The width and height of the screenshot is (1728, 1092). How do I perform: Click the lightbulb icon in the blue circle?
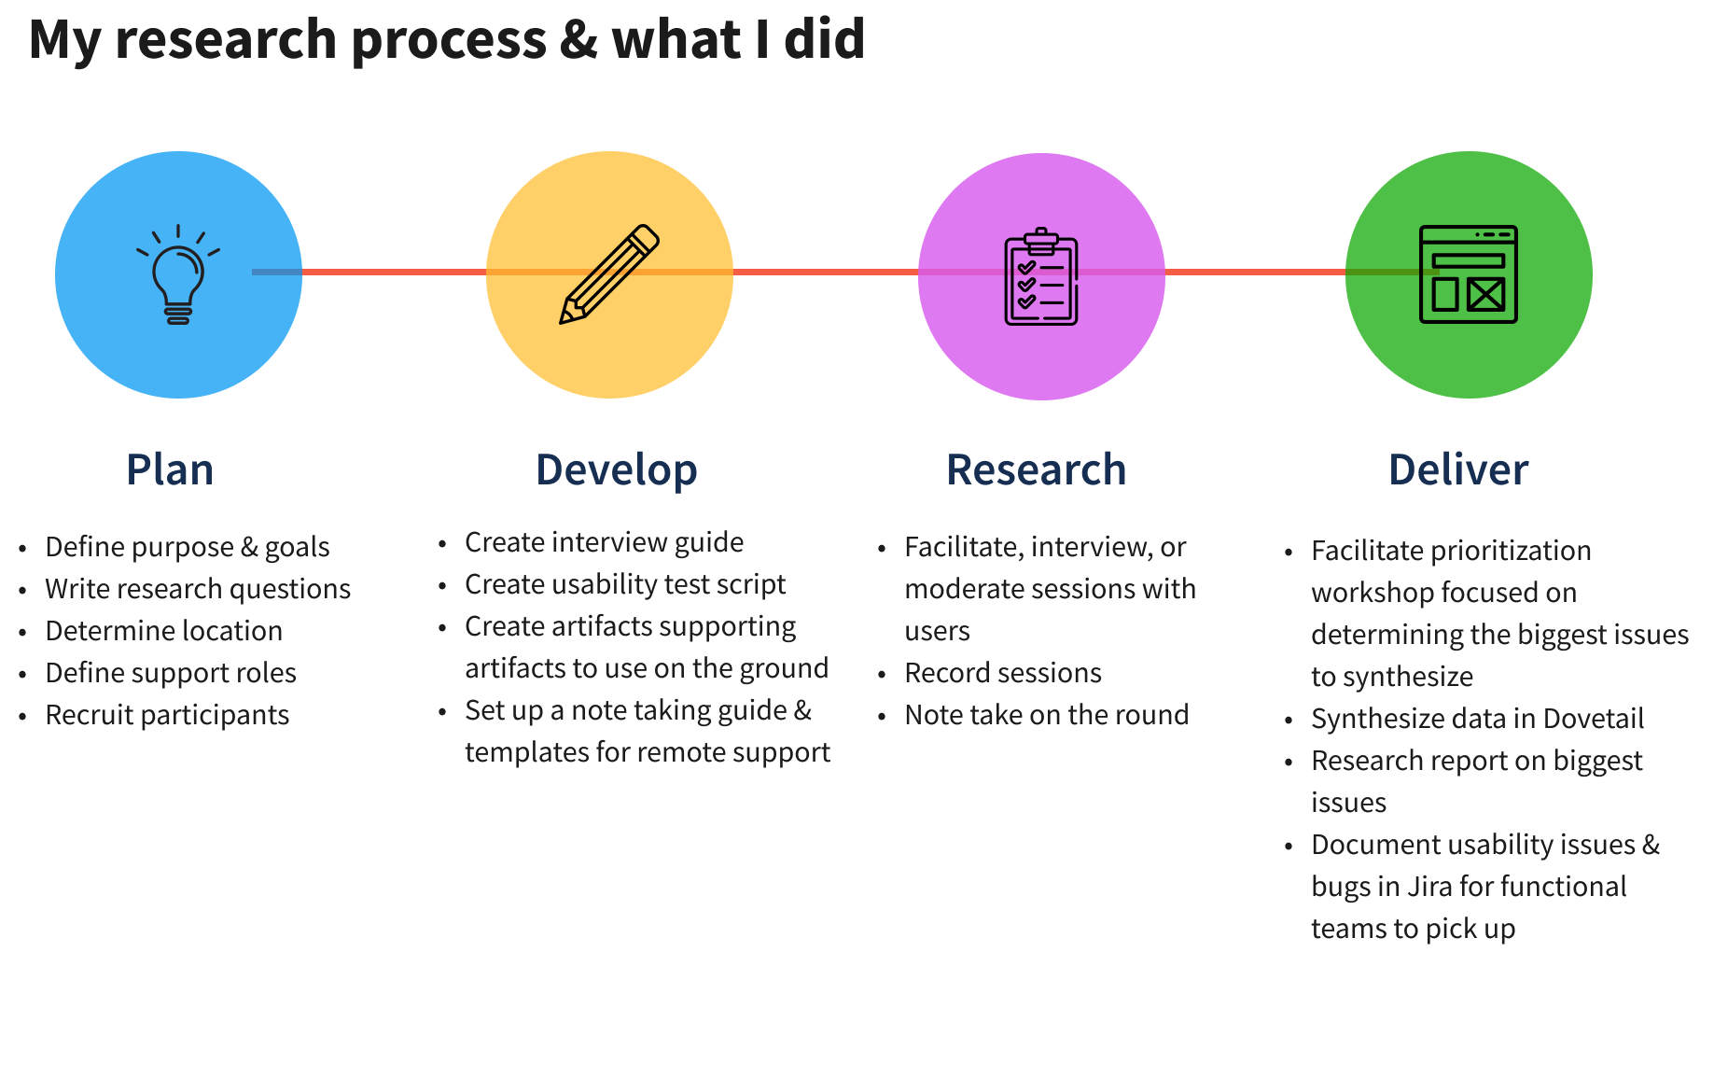coord(178,274)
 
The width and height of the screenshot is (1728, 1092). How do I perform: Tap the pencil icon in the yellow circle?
coord(609,274)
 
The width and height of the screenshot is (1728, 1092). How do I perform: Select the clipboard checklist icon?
coord(1041,276)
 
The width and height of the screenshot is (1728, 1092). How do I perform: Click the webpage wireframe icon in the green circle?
coord(1469,274)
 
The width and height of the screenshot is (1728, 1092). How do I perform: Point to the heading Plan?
coord(170,469)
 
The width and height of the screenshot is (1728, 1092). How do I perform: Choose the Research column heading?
coord(1037,469)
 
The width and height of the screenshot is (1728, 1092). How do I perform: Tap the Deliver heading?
coord(1458,469)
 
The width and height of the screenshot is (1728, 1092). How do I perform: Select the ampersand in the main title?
coord(578,39)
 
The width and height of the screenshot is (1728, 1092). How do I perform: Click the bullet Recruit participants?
coord(167,715)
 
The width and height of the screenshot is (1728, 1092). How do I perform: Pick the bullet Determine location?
coord(164,631)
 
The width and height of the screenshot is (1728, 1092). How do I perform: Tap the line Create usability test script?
coord(625,584)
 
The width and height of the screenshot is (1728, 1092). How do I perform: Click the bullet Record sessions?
coord(1003,673)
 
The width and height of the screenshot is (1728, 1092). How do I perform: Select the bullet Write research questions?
coord(198,590)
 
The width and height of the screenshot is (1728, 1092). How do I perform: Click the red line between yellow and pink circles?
coord(826,273)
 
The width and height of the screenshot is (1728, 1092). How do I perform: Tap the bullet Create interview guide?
coord(605,542)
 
